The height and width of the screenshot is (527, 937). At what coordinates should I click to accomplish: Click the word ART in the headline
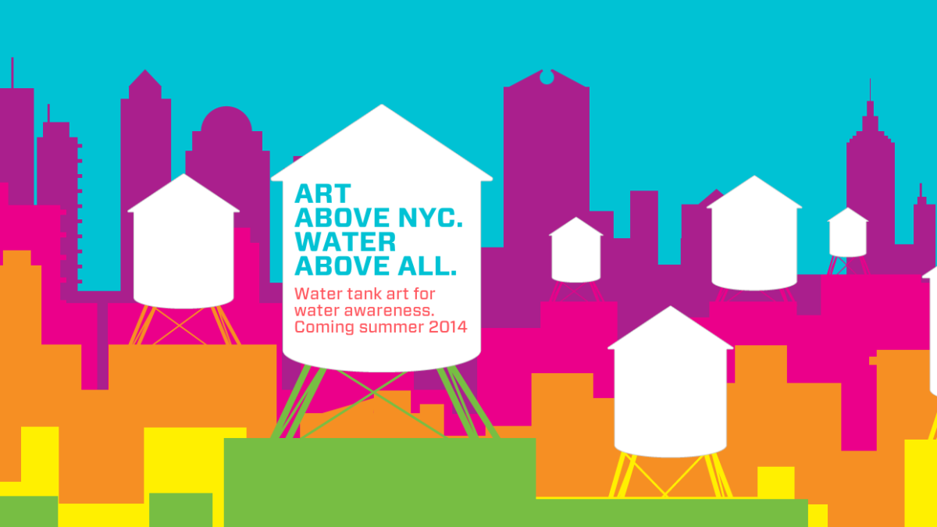tap(322, 194)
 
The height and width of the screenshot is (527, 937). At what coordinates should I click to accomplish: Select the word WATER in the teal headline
tap(345, 242)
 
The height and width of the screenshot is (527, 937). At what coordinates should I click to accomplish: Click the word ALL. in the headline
tap(427, 266)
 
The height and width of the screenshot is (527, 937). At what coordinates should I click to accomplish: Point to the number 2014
tap(447, 326)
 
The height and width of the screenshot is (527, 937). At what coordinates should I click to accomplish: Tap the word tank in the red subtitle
tap(364, 294)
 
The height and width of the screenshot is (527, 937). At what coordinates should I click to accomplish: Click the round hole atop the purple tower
tap(547, 77)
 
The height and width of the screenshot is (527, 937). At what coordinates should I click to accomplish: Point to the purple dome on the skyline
tap(226, 119)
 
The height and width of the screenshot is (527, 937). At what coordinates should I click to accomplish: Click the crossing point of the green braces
tap(373, 393)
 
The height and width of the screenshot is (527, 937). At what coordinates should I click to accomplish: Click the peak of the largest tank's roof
tap(382, 105)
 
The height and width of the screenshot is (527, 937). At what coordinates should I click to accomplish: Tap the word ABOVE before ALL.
tap(344, 266)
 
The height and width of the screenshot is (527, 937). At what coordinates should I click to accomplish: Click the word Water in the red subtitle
tap(318, 294)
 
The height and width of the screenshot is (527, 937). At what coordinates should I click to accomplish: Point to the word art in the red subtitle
tap(397, 294)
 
